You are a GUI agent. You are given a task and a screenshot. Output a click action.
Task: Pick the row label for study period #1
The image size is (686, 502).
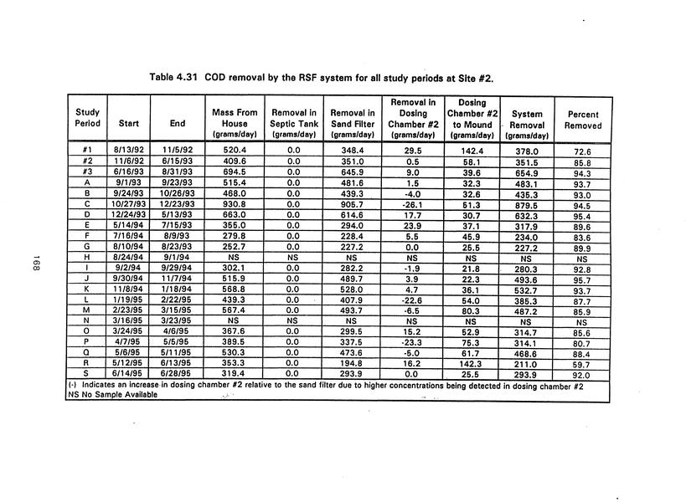tap(87, 150)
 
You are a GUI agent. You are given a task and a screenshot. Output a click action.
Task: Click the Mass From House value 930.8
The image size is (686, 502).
tap(235, 202)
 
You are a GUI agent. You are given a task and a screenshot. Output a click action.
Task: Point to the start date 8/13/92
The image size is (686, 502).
tap(130, 150)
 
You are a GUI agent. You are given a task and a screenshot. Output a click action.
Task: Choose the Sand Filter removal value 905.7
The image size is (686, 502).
tap(352, 202)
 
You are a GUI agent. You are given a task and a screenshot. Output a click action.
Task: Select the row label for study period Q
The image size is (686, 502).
tap(87, 353)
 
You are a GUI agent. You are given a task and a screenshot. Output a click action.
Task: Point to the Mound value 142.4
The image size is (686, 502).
tap(471, 150)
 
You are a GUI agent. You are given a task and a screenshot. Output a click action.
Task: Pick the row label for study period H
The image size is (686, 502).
tap(87, 257)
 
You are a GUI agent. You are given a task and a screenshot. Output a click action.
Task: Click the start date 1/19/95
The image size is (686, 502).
tap(130, 300)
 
